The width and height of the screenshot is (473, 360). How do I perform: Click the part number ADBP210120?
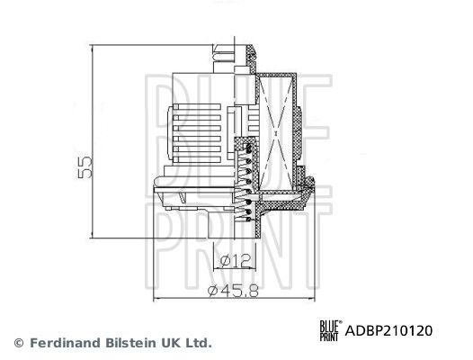click(x=389, y=330)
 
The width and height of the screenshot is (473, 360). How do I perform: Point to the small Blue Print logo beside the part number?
click(x=331, y=330)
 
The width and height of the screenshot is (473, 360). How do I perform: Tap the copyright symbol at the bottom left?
click(x=18, y=343)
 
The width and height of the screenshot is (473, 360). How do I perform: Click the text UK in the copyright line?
click(x=172, y=343)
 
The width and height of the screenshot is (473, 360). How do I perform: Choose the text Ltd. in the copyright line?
click(x=199, y=343)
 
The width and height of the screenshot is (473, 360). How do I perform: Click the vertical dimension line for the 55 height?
click(x=94, y=145)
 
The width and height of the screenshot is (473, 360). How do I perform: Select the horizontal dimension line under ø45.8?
click(x=235, y=299)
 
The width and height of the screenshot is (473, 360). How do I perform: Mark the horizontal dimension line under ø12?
click(x=232, y=270)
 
